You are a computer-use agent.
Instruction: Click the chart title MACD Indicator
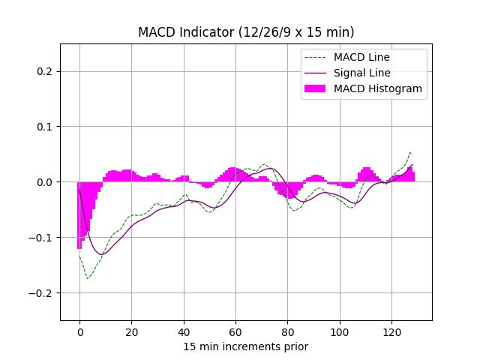[246, 32]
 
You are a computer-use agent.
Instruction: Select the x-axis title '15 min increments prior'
[246, 346]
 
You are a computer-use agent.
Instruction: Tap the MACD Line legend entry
[361, 57]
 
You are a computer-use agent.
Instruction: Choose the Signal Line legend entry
[361, 73]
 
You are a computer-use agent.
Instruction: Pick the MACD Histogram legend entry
[377, 88]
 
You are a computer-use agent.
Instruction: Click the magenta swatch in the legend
[314, 88]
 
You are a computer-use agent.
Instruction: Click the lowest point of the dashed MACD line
[88, 279]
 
